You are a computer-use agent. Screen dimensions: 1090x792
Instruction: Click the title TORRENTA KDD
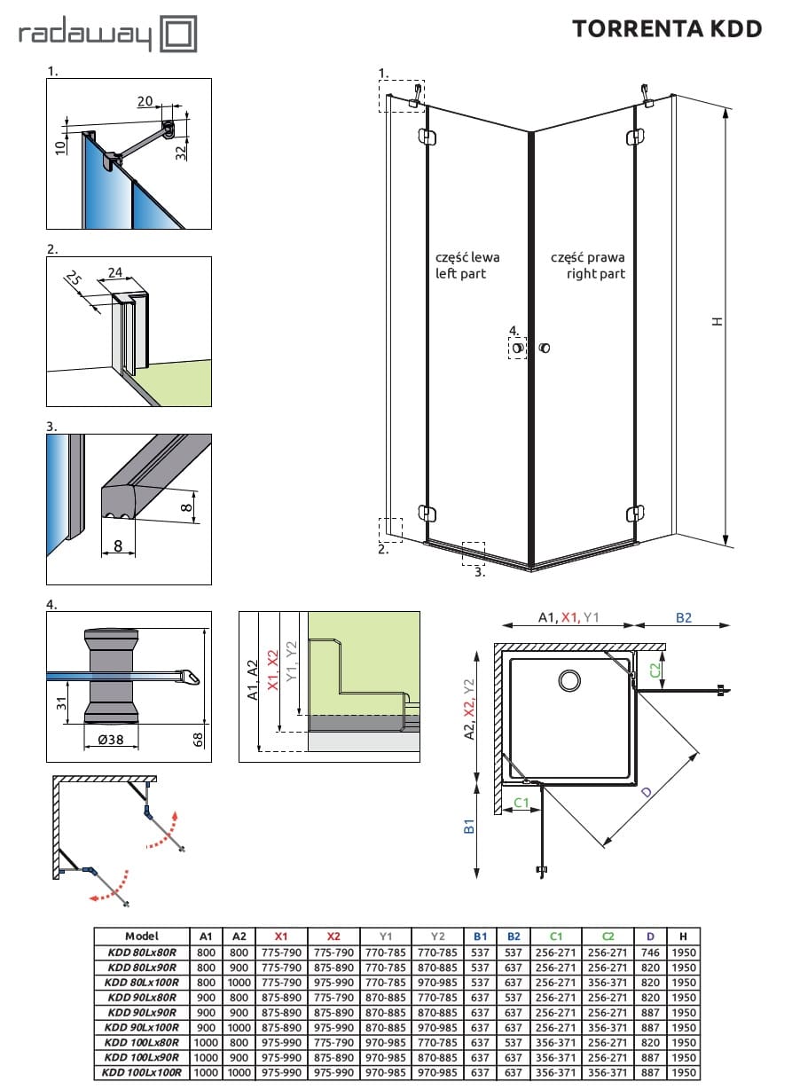667,29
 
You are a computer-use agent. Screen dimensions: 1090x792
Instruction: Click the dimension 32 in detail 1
181,153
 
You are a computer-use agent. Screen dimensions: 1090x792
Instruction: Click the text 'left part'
460,274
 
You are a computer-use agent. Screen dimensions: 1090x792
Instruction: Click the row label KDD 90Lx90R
142,1012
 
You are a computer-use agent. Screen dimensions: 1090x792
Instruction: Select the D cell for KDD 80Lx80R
650,952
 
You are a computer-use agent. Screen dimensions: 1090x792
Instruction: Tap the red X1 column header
281,936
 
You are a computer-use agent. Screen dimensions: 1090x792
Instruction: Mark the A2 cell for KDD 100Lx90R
239,1057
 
